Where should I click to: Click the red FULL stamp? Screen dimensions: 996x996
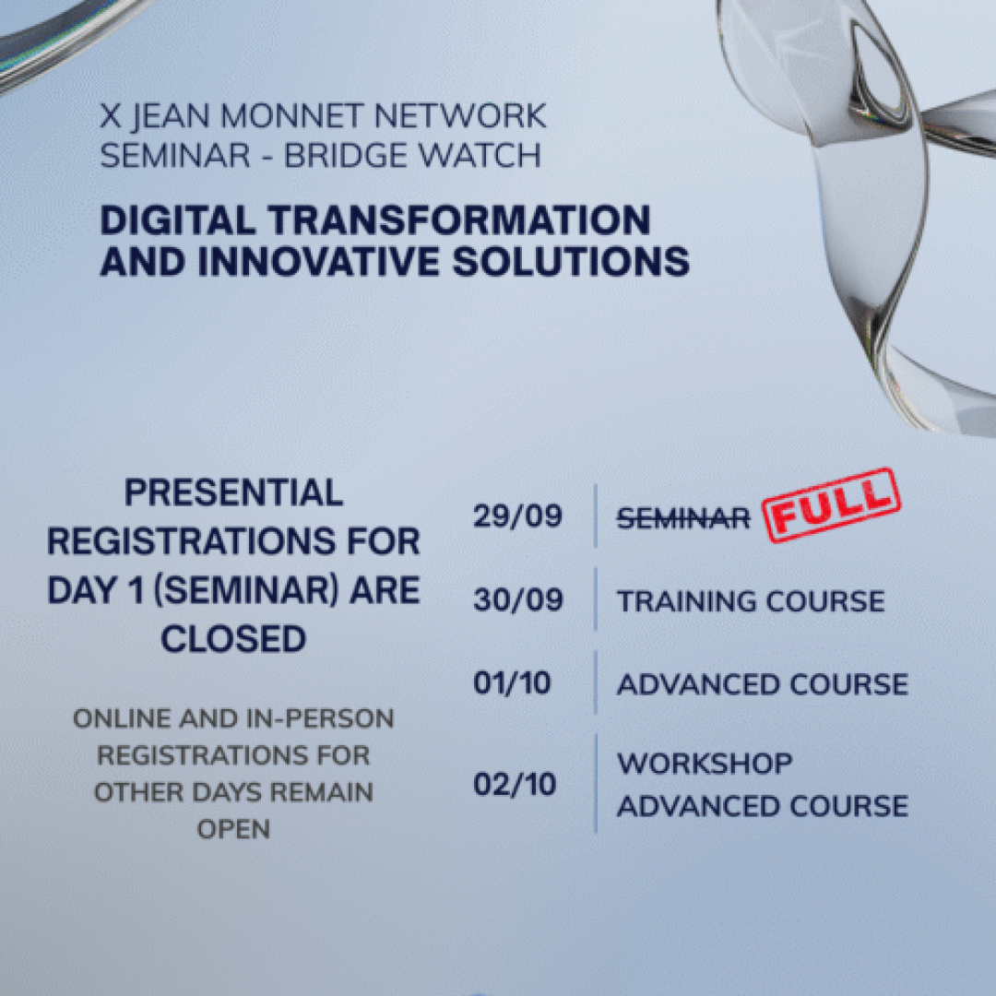pos(831,505)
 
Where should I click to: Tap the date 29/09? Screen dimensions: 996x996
pos(517,516)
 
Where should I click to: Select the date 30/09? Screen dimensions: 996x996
pos(517,599)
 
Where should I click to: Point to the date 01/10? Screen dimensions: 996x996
pos(512,683)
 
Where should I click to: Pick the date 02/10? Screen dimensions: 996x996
pos(515,785)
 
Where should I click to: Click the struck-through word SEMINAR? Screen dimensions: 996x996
pos(683,519)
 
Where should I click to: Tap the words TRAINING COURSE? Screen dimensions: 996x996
pos(751,601)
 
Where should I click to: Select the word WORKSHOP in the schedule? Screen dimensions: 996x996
pos(705,764)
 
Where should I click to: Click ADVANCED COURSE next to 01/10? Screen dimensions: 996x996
pos(763,684)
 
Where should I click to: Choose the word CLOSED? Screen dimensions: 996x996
pos(233,639)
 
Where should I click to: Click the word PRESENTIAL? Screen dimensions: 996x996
pos(233,492)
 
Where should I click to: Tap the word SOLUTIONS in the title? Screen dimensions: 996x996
pos(572,262)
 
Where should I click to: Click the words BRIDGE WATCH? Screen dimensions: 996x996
pos(413,156)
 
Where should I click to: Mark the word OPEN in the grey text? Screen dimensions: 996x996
pos(233,830)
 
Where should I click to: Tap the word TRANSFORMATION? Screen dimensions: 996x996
pos(459,220)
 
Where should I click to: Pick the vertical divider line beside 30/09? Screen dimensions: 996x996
pos(596,599)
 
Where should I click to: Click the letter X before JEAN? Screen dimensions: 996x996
pos(110,116)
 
